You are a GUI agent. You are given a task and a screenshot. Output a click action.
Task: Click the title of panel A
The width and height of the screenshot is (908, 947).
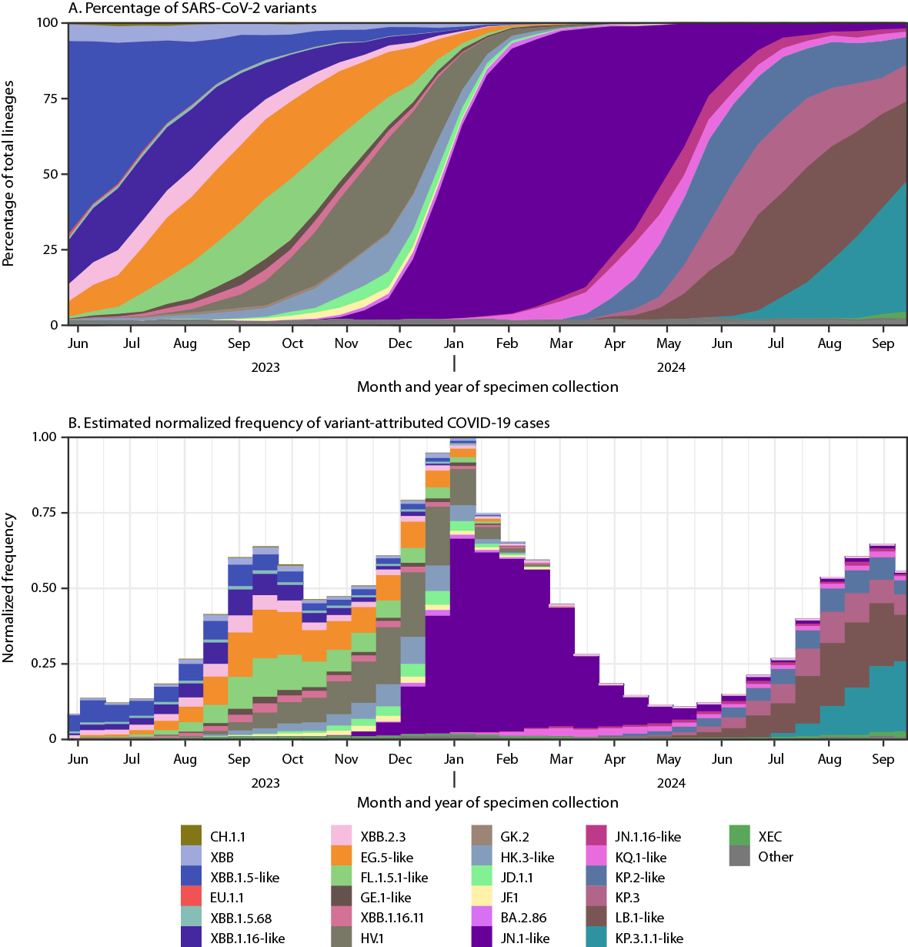tap(192, 8)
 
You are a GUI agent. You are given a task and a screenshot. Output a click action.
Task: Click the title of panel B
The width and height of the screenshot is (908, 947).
tap(309, 423)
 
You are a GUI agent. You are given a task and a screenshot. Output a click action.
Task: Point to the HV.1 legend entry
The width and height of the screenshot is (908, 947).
tap(372, 938)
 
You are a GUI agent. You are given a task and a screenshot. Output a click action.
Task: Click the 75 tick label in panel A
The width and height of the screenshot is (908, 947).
tap(51, 99)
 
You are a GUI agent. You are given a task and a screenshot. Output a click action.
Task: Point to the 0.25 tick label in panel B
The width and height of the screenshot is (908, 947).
tap(45, 664)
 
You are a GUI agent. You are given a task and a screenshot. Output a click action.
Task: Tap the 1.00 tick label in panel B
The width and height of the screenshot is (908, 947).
tap(45, 437)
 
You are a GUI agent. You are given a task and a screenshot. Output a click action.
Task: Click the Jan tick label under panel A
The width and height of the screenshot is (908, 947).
tap(454, 343)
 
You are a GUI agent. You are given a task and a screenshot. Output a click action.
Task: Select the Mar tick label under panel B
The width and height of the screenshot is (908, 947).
tap(561, 759)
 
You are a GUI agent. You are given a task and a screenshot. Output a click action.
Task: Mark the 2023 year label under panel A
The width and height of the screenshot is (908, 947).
tap(265, 367)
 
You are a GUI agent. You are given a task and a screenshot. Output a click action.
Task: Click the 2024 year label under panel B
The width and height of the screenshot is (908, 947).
tap(671, 783)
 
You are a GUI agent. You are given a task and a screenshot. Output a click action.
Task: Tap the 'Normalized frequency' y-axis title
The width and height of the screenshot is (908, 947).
tap(9, 588)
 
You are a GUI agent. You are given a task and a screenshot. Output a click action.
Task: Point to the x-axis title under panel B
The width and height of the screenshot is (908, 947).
tap(487, 802)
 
